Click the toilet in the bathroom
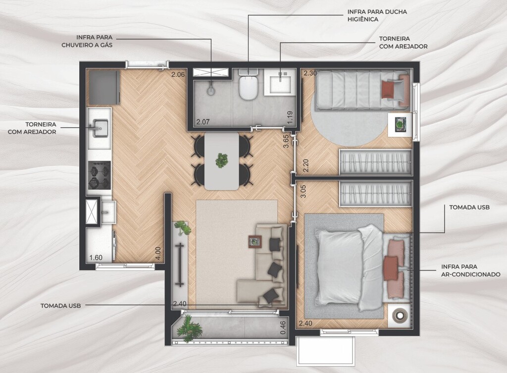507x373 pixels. tap(248, 84)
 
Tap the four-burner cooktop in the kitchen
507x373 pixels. tap(99, 175)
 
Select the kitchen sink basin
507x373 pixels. tap(100, 128)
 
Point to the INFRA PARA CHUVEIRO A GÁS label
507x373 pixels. tap(87, 41)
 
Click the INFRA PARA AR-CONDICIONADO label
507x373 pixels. tap(470, 270)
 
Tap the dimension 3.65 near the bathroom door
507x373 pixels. tap(286, 141)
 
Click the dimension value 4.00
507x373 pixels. tap(158, 253)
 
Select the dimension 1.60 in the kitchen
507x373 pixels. tap(96, 258)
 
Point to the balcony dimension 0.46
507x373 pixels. tap(283, 327)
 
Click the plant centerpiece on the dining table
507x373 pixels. tap(222, 160)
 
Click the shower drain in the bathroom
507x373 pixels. tap(211, 91)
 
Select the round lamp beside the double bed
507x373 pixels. tap(399, 315)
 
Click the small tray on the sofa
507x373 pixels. tap(255, 242)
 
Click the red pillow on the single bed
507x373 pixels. tap(388, 89)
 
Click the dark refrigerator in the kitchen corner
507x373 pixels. tap(103, 87)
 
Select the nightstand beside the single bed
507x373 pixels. tap(400, 125)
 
